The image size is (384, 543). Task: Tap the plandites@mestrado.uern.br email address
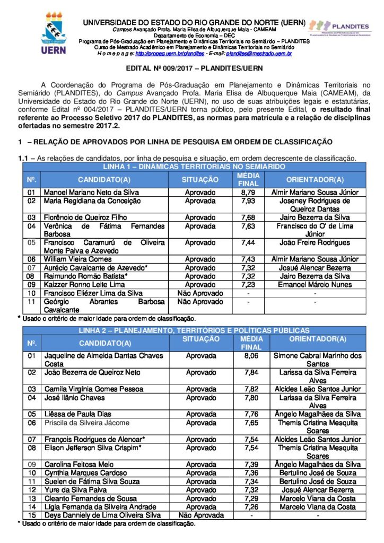coord(259,54)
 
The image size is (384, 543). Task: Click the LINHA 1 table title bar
coord(194,167)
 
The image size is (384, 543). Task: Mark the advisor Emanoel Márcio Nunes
coord(315,284)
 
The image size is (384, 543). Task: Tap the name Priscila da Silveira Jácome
coord(86,423)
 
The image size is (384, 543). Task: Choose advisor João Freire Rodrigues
coord(315,242)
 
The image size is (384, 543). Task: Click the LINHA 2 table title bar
coord(194,330)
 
